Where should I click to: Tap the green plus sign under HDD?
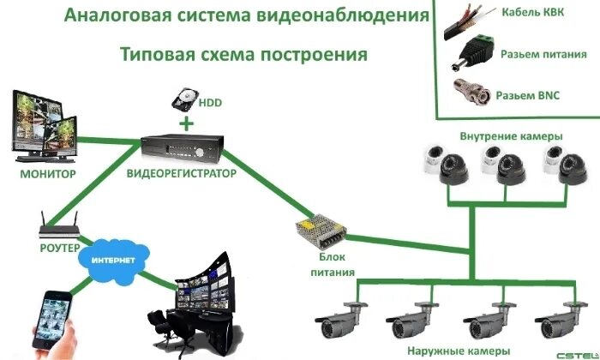tap(185, 124)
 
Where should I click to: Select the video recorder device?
tap(180, 148)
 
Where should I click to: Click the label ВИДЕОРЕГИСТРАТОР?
tap(181, 174)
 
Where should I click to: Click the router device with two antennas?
tap(61, 227)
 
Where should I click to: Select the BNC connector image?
tap(471, 90)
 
